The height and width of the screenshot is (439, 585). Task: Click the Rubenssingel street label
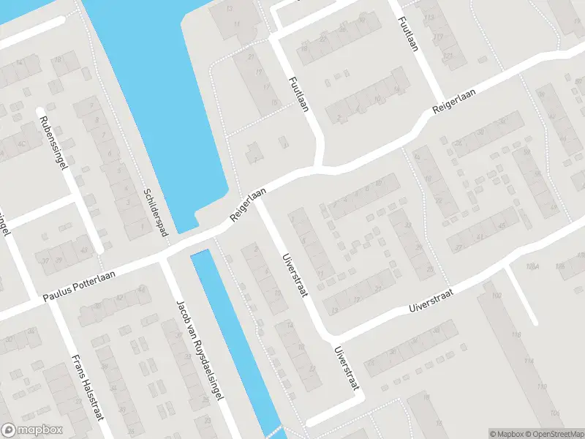click(x=55, y=142)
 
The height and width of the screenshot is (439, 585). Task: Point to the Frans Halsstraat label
click(x=86, y=387)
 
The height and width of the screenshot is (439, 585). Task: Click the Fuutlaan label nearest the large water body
click(x=298, y=93)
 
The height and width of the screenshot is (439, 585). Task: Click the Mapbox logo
click(x=32, y=430)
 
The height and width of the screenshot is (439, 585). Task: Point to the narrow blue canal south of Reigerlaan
click(x=234, y=337)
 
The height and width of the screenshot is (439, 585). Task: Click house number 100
click(x=497, y=294)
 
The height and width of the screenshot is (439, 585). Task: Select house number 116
click(x=517, y=335)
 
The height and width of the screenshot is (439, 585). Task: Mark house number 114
click(x=529, y=361)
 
